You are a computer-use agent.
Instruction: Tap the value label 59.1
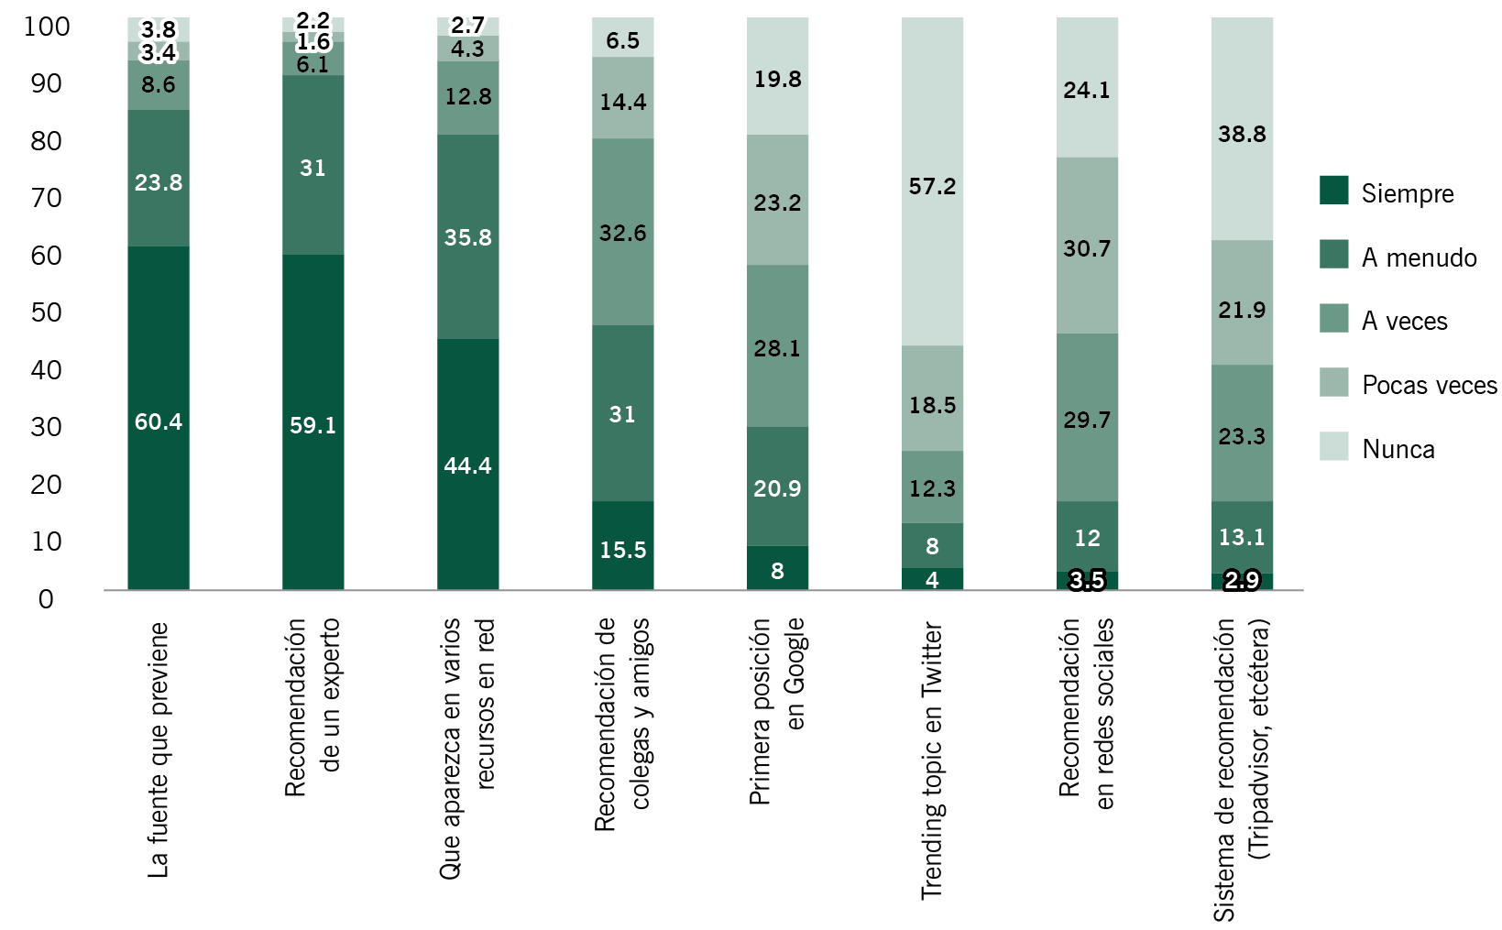click(312, 425)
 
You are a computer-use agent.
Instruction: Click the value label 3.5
click(1087, 581)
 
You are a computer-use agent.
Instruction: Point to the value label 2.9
click(1242, 581)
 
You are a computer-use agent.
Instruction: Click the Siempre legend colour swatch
click(1333, 191)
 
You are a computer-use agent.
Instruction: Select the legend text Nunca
click(1398, 449)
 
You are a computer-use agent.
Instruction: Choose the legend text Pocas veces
click(1429, 385)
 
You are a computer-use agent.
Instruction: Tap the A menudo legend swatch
click(1333, 255)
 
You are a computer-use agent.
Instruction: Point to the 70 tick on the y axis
click(46, 198)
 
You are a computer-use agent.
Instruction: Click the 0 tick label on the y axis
click(46, 599)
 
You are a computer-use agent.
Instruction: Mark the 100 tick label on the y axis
click(46, 27)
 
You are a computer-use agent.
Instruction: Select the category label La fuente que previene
click(159, 749)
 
